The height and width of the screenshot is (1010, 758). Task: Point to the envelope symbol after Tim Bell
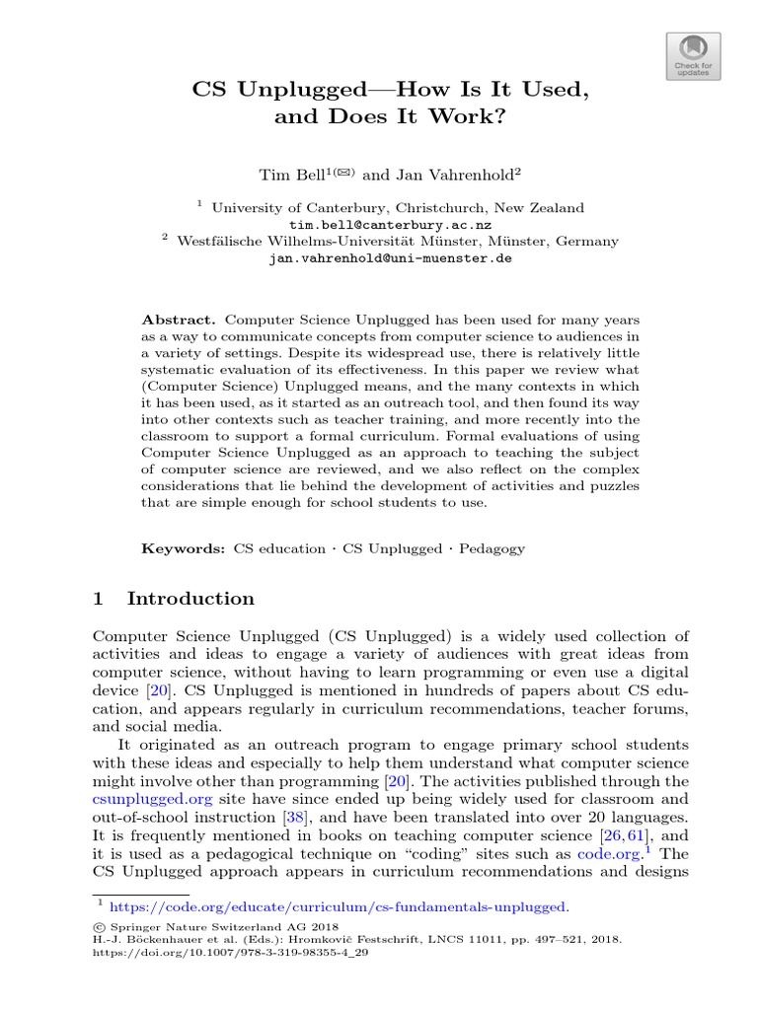(341, 172)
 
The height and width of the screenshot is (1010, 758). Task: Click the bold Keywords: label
(184, 548)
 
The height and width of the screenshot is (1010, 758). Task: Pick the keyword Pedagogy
(490, 548)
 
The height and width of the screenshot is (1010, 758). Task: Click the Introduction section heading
(190, 599)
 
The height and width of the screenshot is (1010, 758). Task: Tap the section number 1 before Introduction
(99, 599)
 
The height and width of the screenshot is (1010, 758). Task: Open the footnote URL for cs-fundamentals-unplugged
(338, 905)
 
